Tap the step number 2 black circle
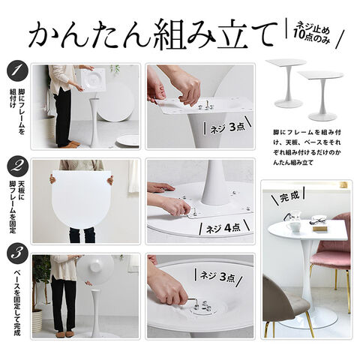(x=18, y=167)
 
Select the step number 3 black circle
(x=18, y=253)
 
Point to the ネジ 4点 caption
(x=223, y=228)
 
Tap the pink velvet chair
(x=331, y=250)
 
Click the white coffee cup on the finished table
(x=293, y=227)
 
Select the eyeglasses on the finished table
(x=318, y=221)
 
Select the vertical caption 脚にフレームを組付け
(x=16, y=110)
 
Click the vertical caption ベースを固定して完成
(x=17, y=302)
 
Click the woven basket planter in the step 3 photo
(x=37, y=321)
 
